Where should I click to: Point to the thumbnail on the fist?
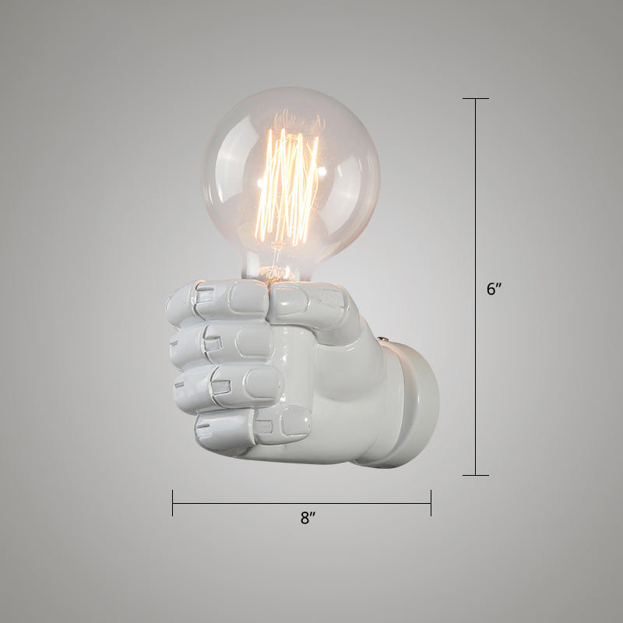tap(289, 297)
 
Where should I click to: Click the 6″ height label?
tap(495, 289)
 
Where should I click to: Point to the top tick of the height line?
tap(476, 99)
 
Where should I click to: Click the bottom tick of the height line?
tap(476, 475)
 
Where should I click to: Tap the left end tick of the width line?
tap(173, 503)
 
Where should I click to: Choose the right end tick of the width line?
tap(431, 503)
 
